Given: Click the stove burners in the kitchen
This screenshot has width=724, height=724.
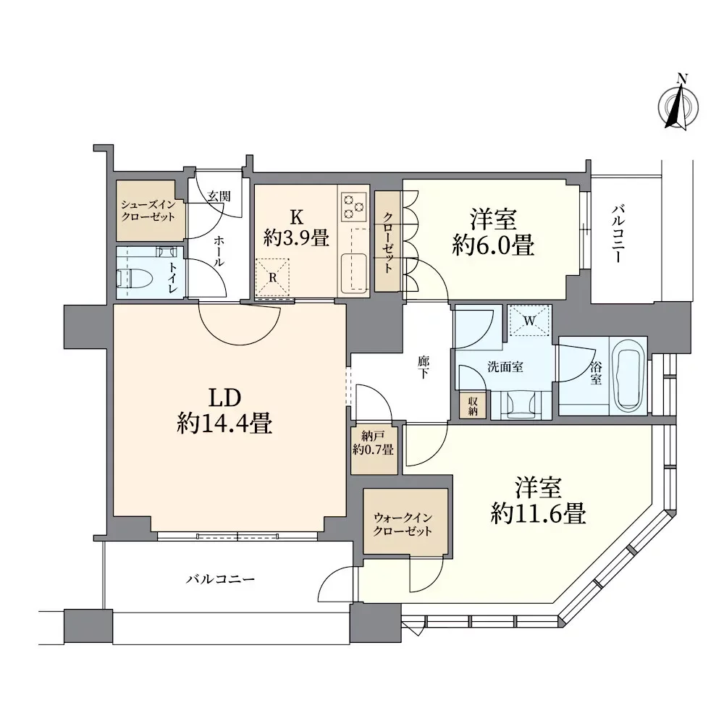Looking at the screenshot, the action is click(354, 206).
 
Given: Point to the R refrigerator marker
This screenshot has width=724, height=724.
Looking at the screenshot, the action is click(272, 277).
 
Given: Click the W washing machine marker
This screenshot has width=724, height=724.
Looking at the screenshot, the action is click(530, 321).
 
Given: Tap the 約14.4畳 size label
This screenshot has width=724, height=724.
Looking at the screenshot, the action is click(224, 424).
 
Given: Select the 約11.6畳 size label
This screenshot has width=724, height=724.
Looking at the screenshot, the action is click(539, 513).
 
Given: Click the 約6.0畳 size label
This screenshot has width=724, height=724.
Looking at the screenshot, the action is click(493, 245).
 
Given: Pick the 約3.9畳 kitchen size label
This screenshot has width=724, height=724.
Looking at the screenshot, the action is click(296, 238).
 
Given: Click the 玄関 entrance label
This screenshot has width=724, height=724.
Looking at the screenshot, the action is click(219, 196).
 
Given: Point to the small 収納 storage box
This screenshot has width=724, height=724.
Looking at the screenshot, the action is click(472, 405).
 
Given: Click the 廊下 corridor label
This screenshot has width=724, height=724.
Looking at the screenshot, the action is click(423, 366).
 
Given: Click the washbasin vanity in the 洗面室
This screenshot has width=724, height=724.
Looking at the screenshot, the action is click(521, 405).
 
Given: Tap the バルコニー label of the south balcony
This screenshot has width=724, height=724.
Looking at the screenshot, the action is click(220, 578).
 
